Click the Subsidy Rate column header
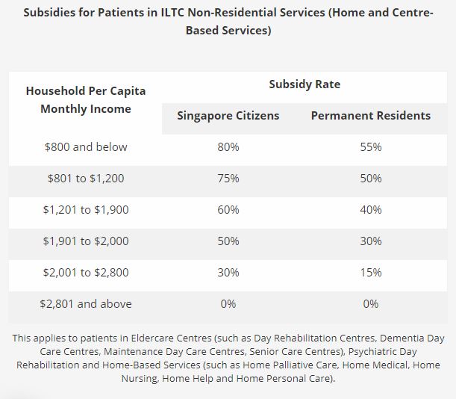304,84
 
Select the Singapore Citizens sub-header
228,116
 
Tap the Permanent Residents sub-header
371,116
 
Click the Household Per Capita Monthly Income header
86,100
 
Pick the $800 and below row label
86,147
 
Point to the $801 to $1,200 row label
86,179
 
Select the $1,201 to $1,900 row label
86,210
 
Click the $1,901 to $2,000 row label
86,241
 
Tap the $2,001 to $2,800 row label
86,273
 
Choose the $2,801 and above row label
86,304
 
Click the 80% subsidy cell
228,147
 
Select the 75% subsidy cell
228,179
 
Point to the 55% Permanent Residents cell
371,147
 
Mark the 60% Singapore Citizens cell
228,210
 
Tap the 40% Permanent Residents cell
371,210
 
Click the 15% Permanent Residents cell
371,273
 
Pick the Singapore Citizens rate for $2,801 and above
228,304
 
